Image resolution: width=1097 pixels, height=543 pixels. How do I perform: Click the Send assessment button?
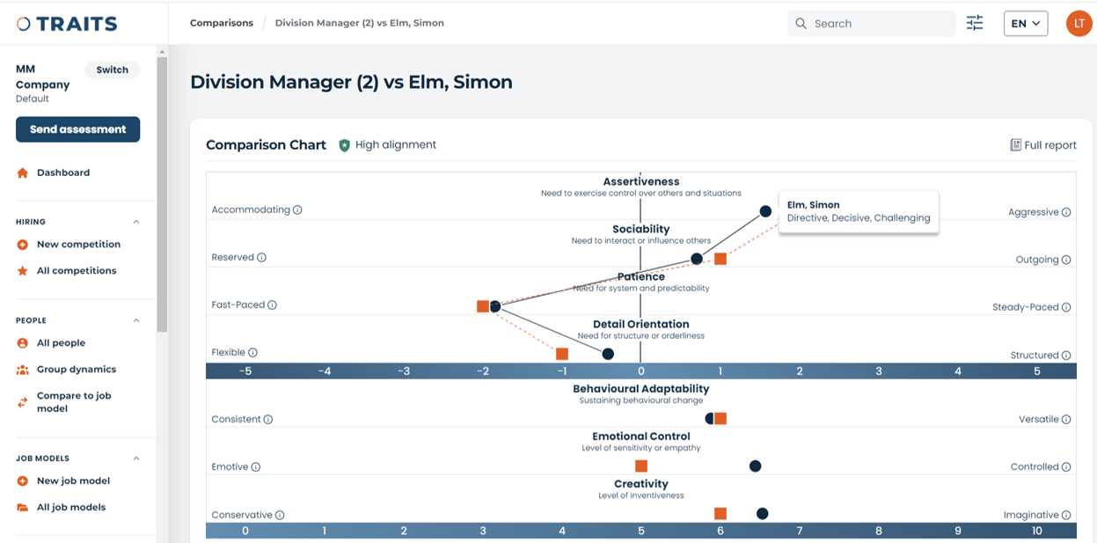click(x=77, y=129)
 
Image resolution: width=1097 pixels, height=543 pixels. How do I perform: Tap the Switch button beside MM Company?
click(x=112, y=70)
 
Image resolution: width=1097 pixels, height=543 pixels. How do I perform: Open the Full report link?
click(x=1043, y=145)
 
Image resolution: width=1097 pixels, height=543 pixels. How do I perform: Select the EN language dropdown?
click(x=1025, y=24)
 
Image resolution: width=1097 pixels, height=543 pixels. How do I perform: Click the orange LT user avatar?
click(x=1079, y=24)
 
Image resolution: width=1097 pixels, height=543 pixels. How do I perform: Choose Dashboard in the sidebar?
click(x=62, y=172)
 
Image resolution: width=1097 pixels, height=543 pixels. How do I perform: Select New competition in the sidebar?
click(x=78, y=245)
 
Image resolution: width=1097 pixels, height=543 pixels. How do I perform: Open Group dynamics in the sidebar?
click(x=76, y=370)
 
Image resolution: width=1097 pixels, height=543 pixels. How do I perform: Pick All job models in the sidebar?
click(x=70, y=507)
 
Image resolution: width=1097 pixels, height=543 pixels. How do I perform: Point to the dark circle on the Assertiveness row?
click(x=765, y=211)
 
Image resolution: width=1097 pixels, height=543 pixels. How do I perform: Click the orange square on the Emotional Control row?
click(x=641, y=466)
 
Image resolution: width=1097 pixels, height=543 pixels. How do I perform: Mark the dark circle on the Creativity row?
click(x=762, y=514)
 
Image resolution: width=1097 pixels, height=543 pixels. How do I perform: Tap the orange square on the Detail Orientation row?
click(x=562, y=354)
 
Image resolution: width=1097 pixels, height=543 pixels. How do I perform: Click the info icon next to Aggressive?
click(x=1066, y=212)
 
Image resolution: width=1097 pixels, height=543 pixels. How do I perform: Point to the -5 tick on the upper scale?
click(x=245, y=371)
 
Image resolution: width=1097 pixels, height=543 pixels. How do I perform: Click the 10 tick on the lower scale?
click(x=1037, y=531)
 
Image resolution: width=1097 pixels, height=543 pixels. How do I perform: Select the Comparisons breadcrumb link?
click(x=222, y=23)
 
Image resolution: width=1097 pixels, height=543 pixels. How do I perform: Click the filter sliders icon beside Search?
click(x=975, y=24)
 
